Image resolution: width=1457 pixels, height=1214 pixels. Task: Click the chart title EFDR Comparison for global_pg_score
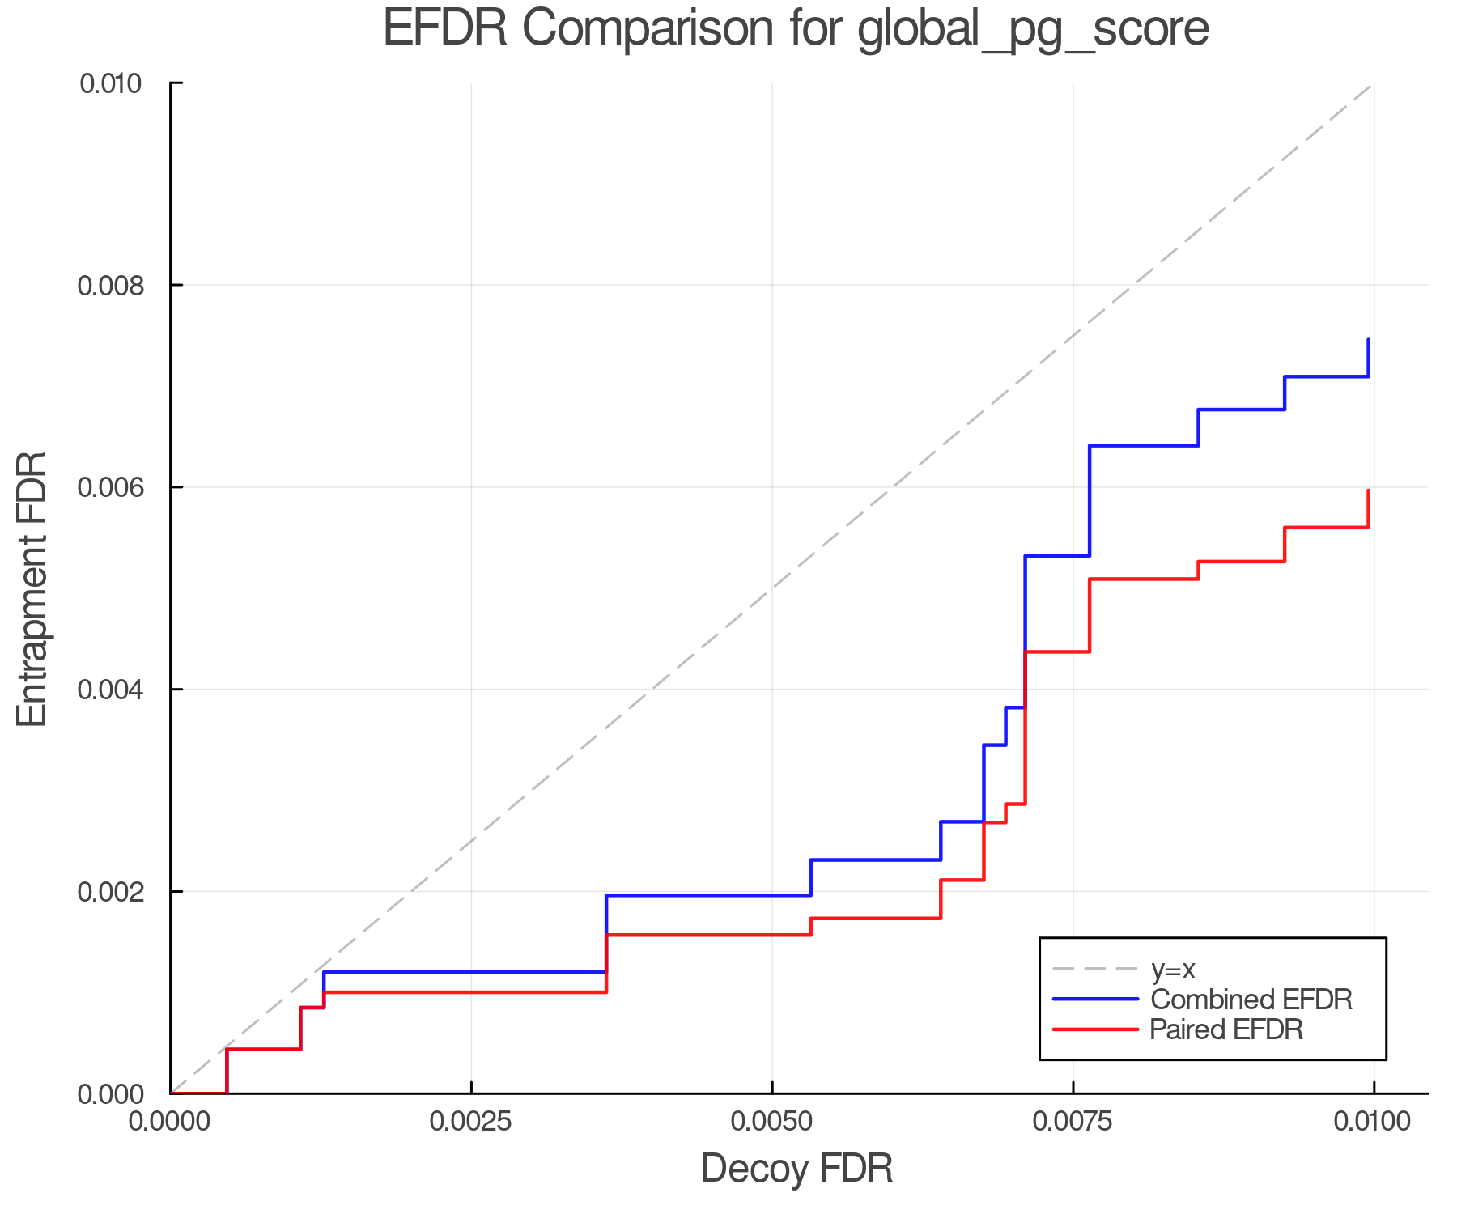coord(796,28)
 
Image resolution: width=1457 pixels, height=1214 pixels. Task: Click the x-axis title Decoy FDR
coord(796,1169)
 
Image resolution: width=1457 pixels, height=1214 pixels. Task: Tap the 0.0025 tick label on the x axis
coord(471,1122)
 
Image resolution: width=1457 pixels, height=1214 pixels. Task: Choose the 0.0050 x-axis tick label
coord(772,1122)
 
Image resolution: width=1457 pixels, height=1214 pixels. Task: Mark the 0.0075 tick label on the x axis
coord(1073,1122)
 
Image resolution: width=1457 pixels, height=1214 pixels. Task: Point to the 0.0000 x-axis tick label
coord(171,1122)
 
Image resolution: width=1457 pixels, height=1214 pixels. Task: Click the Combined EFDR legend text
coord(1251,1000)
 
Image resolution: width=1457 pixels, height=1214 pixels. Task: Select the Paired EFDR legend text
coord(1226,1029)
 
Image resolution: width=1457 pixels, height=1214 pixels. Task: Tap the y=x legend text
coord(1173,969)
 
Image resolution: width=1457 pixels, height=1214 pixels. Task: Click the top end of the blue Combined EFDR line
coord(1368,340)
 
